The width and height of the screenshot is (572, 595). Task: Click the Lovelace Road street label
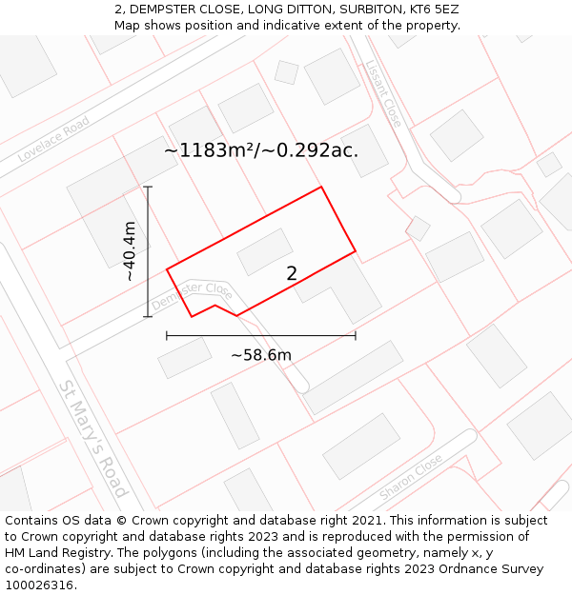click(53, 140)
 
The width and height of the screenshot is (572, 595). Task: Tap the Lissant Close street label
click(383, 93)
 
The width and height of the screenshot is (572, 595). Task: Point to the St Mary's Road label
click(92, 440)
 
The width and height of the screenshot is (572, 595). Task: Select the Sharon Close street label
click(411, 477)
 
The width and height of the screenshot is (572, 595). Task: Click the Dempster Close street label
click(192, 295)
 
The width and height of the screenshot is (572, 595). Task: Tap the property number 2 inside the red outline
click(292, 273)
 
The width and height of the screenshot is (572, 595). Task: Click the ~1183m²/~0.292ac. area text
click(261, 150)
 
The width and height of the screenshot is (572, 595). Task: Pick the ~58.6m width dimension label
click(261, 355)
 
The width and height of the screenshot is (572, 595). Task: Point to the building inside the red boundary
click(265, 251)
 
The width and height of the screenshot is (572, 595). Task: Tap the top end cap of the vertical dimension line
click(148, 187)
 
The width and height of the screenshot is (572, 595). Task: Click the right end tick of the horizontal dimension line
click(356, 335)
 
